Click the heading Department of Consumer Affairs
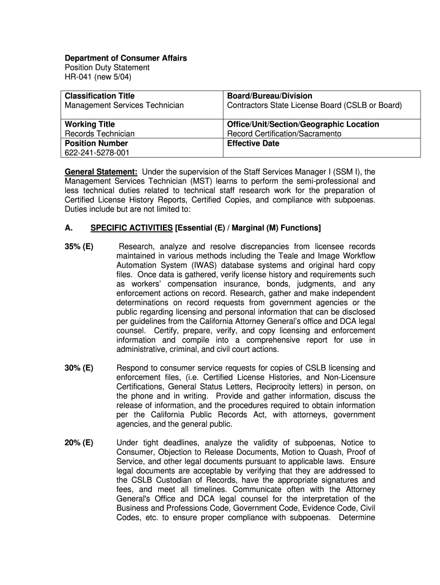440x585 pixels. pos(125,58)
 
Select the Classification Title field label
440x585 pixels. pos(99,96)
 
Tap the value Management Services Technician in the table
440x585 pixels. pos(124,106)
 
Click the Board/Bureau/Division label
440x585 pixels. pos(269,96)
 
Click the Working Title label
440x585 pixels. pos(89,125)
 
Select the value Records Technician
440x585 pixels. pos(99,134)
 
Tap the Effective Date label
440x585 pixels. pos(253,143)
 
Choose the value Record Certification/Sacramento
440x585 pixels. pos(284,134)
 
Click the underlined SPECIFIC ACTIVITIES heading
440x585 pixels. pos(131,228)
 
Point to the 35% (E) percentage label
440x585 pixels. pos(79,247)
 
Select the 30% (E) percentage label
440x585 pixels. pos(79,368)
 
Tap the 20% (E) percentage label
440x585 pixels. pos(79,443)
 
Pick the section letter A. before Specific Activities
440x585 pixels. pos(69,228)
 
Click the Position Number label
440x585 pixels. pos(96,143)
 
